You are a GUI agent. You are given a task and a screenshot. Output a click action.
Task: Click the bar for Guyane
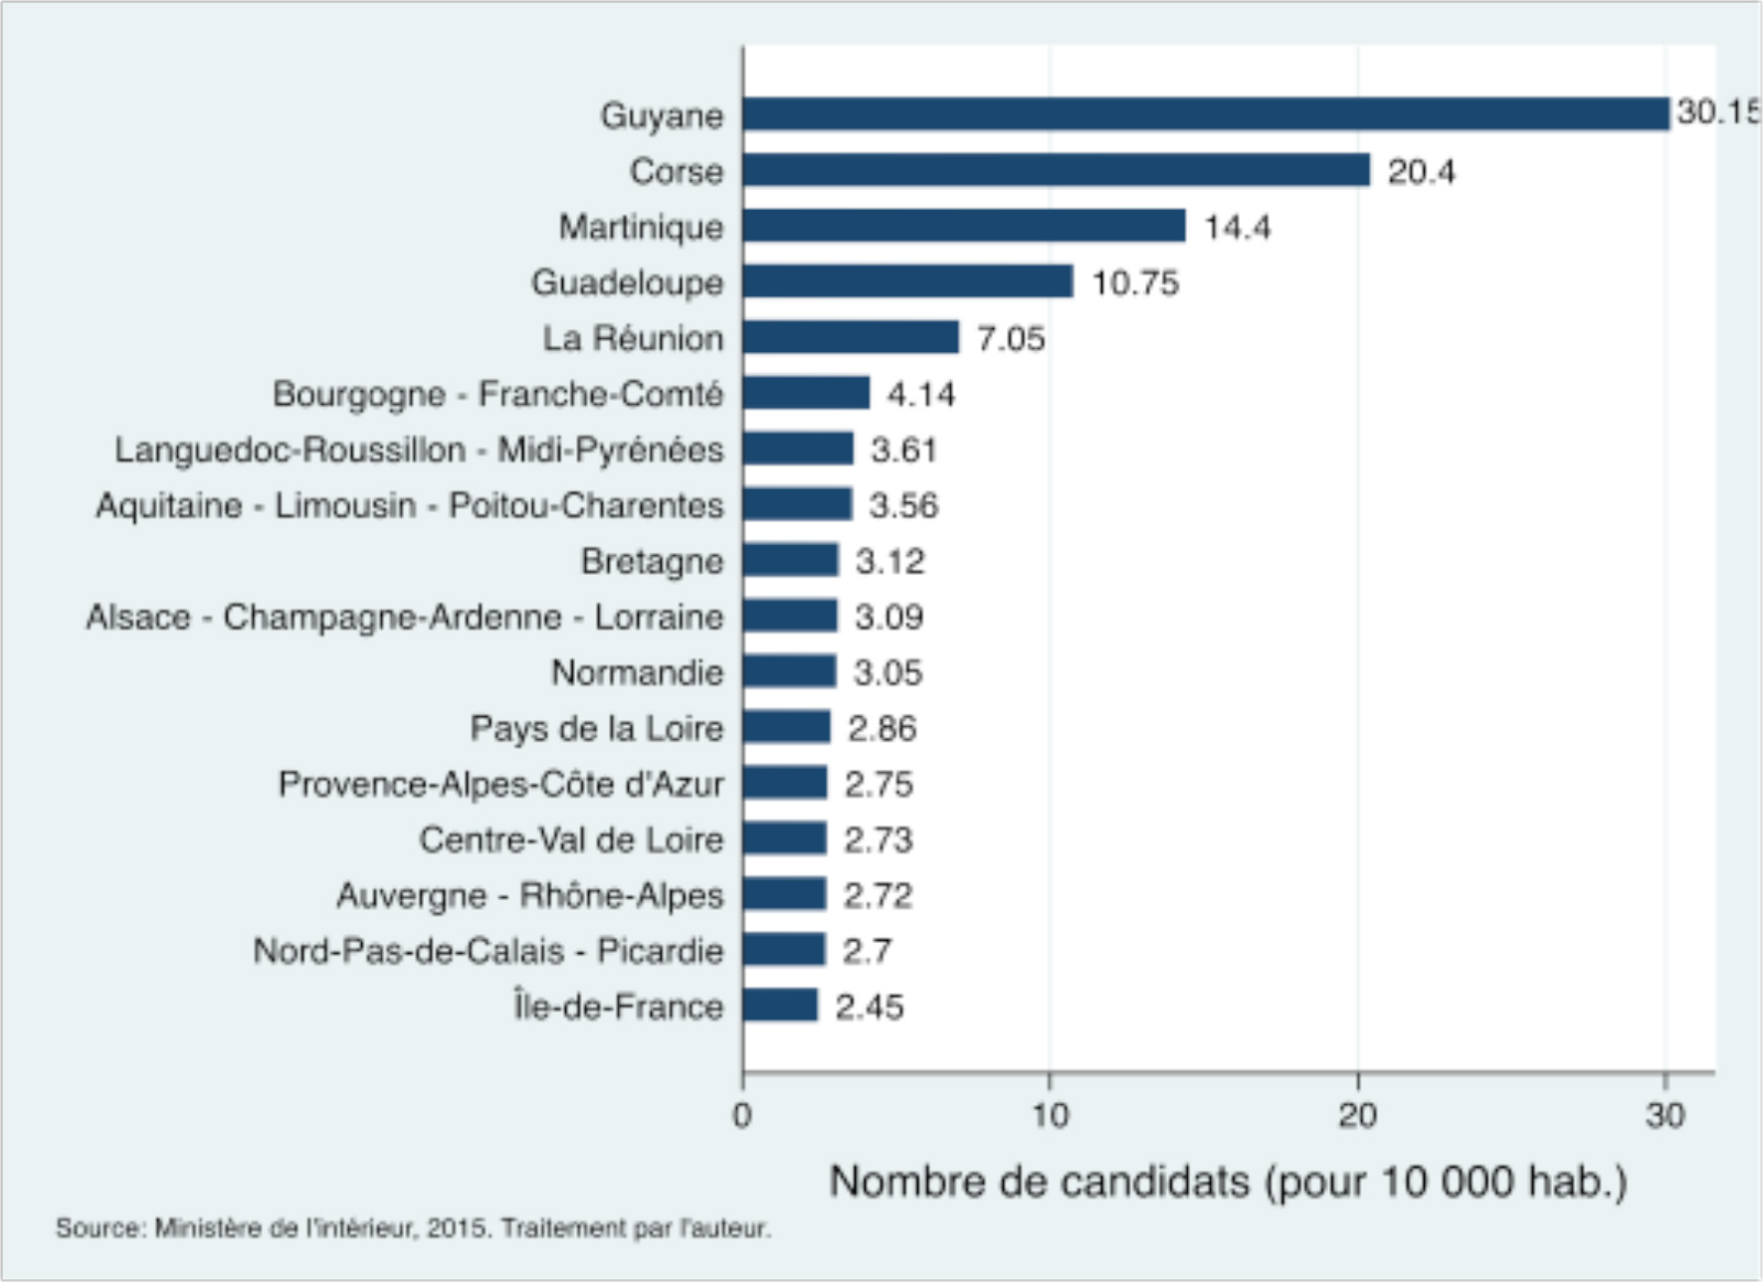1206,114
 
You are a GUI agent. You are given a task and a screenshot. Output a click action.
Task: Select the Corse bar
1056,170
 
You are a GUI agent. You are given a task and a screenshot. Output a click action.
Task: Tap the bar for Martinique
964,226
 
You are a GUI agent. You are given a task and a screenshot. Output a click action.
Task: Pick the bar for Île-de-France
780,1006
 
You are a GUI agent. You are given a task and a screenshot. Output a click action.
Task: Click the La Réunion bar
851,337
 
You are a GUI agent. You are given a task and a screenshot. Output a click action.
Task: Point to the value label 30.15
1717,111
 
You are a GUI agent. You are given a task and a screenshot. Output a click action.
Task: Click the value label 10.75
1135,283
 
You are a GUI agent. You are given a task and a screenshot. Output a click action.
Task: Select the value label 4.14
920,395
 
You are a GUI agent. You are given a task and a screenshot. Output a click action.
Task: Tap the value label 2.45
869,1007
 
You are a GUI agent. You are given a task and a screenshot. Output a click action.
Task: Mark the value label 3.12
889,562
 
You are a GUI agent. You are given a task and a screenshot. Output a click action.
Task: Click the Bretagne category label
652,562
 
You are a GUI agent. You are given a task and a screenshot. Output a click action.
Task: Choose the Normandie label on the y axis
637,673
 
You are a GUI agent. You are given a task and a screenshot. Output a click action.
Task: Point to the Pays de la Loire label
596,729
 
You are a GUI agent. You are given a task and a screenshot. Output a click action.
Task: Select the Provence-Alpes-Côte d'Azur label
500,785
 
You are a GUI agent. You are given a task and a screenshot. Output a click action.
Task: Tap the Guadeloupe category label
627,283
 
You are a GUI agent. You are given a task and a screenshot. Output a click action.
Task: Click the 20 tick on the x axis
1357,1116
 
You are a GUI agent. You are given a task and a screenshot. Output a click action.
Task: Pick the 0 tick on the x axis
742,1116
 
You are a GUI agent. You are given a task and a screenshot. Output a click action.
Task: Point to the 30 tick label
1665,1116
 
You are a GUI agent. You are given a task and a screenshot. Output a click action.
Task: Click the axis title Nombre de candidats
1228,1182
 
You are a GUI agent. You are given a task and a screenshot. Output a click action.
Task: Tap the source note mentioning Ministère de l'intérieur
413,1228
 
